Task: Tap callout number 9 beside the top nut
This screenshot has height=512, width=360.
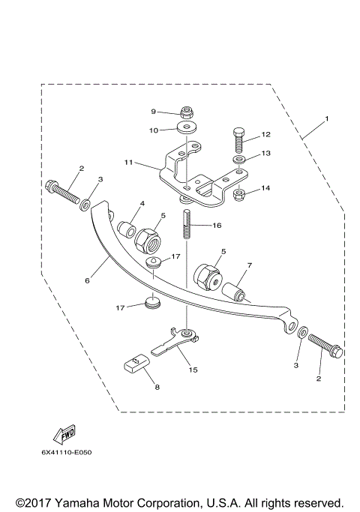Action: point(153,112)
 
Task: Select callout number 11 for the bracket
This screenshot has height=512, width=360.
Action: point(129,162)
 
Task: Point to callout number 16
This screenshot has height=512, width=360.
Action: point(217,224)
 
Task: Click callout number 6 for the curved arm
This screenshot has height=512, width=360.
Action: point(87,281)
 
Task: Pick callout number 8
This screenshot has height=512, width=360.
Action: point(157,388)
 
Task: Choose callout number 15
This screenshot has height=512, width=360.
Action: point(192,370)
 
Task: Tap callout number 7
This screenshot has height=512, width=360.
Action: point(249,265)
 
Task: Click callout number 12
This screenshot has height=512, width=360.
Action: point(265,136)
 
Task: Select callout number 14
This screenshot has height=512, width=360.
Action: point(265,187)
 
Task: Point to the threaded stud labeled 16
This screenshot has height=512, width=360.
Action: point(185,225)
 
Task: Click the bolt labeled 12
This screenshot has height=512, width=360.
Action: point(237,139)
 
